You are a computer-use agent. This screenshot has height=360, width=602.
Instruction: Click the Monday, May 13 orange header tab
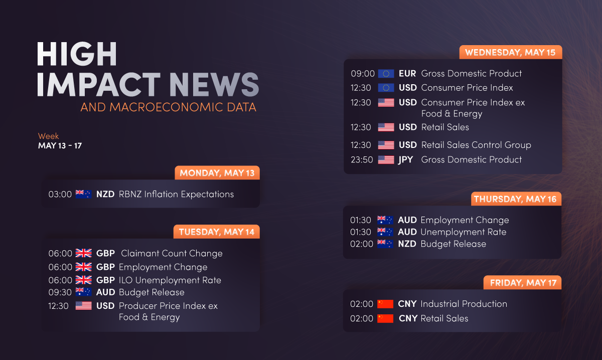click(217, 173)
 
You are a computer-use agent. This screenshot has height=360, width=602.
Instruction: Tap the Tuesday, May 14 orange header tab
click(217, 232)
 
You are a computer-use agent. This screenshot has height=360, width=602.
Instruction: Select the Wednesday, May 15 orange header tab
click(511, 52)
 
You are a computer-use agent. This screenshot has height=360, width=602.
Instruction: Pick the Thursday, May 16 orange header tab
click(516, 199)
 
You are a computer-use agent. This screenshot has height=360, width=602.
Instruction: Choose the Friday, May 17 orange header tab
click(522, 282)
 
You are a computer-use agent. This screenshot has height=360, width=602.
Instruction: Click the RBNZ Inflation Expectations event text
click(176, 194)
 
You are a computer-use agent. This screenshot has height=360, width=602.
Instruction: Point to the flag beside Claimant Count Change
click(84, 253)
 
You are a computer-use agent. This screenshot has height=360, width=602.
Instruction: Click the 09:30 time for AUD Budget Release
click(60, 292)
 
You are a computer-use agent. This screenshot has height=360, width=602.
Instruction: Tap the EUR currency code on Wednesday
click(407, 73)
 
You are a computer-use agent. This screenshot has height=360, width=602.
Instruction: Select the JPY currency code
click(405, 160)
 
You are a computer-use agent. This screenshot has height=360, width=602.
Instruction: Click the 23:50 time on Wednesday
click(362, 160)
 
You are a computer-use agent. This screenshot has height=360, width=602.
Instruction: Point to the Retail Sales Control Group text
click(476, 145)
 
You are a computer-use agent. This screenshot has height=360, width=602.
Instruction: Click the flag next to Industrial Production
click(385, 304)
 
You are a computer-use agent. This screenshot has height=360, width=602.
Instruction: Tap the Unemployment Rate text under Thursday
click(464, 232)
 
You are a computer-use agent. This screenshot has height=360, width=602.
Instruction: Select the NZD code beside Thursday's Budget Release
click(407, 244)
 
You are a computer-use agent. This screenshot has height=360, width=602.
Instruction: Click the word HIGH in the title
click(77, 54)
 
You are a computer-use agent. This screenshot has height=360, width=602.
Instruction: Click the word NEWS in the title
click(214, 84)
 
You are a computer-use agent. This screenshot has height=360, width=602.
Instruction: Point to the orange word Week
click(48, 136)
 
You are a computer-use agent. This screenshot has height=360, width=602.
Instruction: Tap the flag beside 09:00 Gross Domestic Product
click(386, 74)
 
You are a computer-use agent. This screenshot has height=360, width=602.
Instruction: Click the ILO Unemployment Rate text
click(170, 280)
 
